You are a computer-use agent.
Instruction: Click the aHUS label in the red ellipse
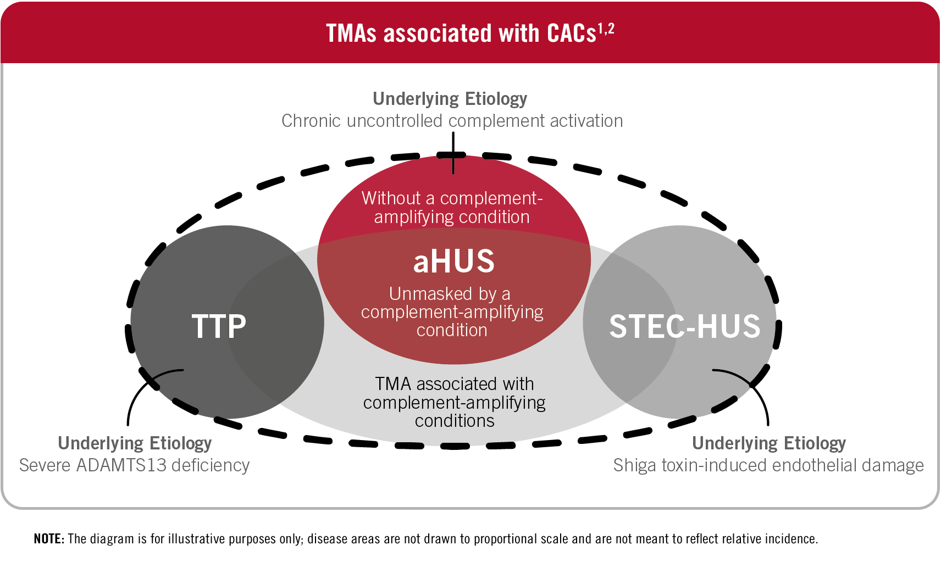pyautogui.click(x=453, y=261)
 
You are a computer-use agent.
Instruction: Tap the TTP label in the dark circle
pyautogui.click(x=219, y=326)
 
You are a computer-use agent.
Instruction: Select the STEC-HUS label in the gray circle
pyautogui.click(x=685, y=326)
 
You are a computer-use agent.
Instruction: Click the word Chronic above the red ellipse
pyautogui.click(x=311, y=121)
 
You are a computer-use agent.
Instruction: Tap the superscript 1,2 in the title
pyautogui.click(x=606, y=29)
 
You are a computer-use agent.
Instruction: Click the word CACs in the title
pyautogui.click(x=571, y=33)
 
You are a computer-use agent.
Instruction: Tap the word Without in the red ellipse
pyautogui.click(x=391, y=198)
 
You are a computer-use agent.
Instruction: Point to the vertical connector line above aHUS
pyautogui.click(x=453, y=153)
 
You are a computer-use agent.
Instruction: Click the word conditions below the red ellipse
pyautogui.click(x=455, y=421)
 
